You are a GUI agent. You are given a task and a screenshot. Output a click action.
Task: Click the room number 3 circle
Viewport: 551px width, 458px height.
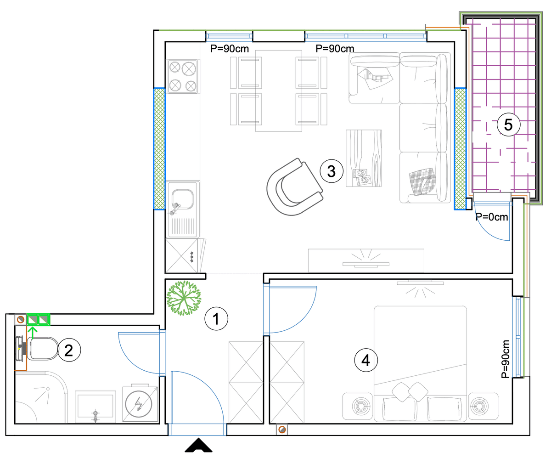[332, 171]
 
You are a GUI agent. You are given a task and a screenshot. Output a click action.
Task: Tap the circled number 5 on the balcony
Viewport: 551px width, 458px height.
[508, 125]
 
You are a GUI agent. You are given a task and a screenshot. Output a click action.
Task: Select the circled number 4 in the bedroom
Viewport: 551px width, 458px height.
[366, 360]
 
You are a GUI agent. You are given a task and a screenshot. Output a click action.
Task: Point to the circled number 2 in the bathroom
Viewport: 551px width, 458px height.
[69, 351]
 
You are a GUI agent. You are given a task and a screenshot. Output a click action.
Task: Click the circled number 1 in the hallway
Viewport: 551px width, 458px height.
[216, 319]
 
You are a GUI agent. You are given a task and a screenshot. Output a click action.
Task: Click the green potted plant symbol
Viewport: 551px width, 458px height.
[184, 298]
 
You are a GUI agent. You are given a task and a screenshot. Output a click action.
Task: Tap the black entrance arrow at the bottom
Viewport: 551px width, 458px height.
[198, 446]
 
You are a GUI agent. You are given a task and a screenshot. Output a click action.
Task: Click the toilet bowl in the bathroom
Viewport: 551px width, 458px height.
[43, 349]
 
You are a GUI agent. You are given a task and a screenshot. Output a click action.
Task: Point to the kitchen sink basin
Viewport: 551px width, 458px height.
[182, 199]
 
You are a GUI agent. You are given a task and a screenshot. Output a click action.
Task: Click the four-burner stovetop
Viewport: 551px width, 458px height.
[183, 76]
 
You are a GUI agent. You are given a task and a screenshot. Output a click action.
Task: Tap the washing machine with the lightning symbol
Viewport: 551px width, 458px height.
[140, 404]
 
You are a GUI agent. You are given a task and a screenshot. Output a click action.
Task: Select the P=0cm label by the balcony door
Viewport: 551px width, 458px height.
[492, 217]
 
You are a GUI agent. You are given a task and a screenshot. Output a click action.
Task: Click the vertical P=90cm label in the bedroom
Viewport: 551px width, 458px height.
[505, 359]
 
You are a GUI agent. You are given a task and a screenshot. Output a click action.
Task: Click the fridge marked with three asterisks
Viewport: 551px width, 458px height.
[181, 255]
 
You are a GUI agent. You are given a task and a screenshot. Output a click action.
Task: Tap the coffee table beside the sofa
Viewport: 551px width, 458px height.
[364, 158]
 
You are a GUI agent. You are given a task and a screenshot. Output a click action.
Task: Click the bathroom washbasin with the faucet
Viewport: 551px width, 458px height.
[96, 407]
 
